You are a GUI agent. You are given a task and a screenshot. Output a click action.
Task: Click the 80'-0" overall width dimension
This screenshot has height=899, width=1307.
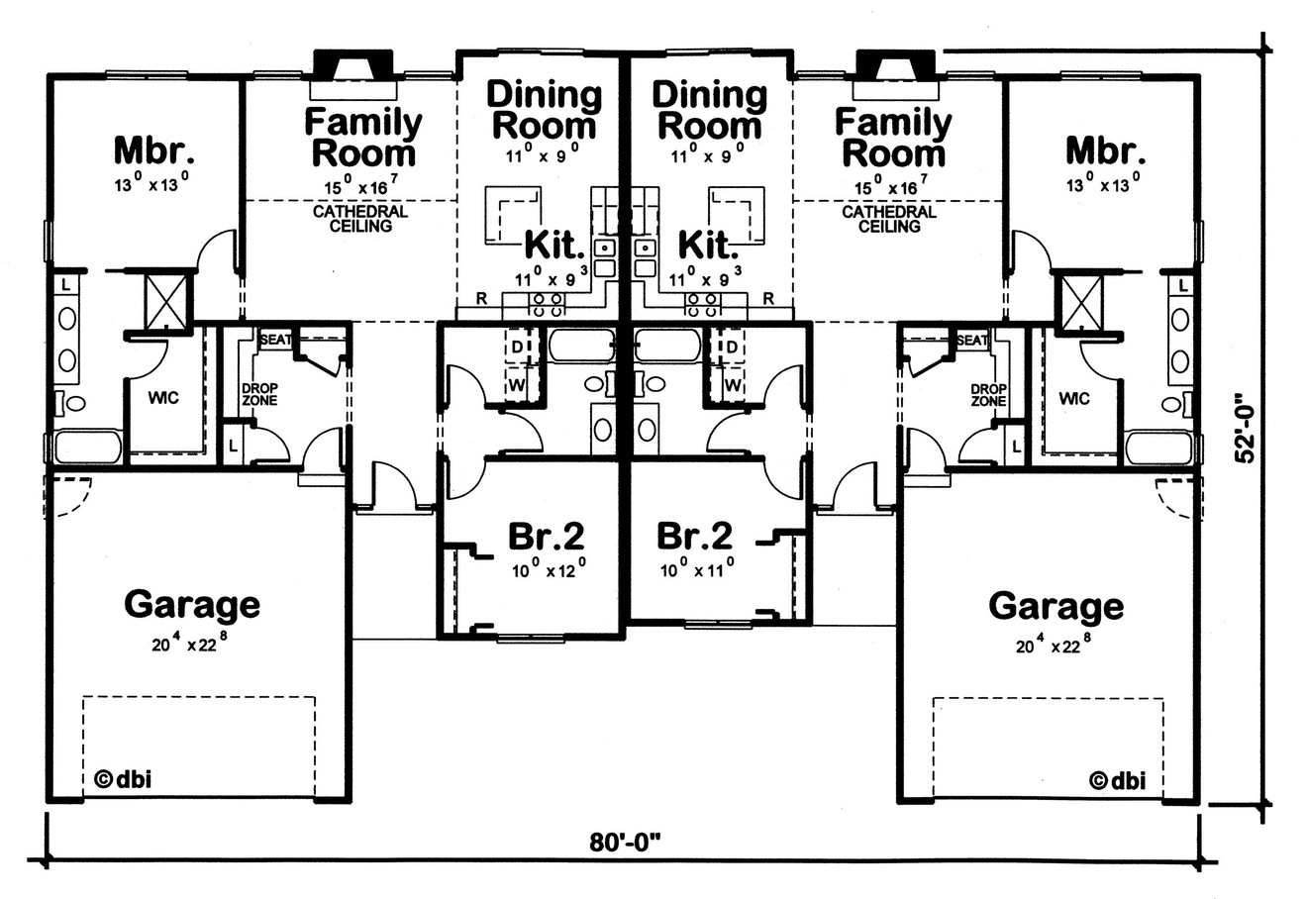coord(625,843)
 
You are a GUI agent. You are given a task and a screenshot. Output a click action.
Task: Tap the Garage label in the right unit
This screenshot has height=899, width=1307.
coord(1056,605)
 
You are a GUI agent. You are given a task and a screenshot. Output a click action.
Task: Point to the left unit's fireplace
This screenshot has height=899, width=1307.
coord(352,67)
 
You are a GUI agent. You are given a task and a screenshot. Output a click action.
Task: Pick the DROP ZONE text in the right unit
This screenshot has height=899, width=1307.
coord(987,395)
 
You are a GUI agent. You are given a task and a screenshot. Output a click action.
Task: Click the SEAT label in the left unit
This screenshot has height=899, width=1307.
coord(274,340)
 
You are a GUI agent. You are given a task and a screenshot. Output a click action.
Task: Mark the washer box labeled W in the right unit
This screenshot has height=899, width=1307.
coord(733,382)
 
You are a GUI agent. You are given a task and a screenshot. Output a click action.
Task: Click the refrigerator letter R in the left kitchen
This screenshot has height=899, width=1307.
coord(481,298)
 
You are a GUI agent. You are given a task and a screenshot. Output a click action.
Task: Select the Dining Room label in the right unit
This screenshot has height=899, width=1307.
coord(709,110)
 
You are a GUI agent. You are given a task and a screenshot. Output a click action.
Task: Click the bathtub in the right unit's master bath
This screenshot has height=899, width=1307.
coord(1159,447)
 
